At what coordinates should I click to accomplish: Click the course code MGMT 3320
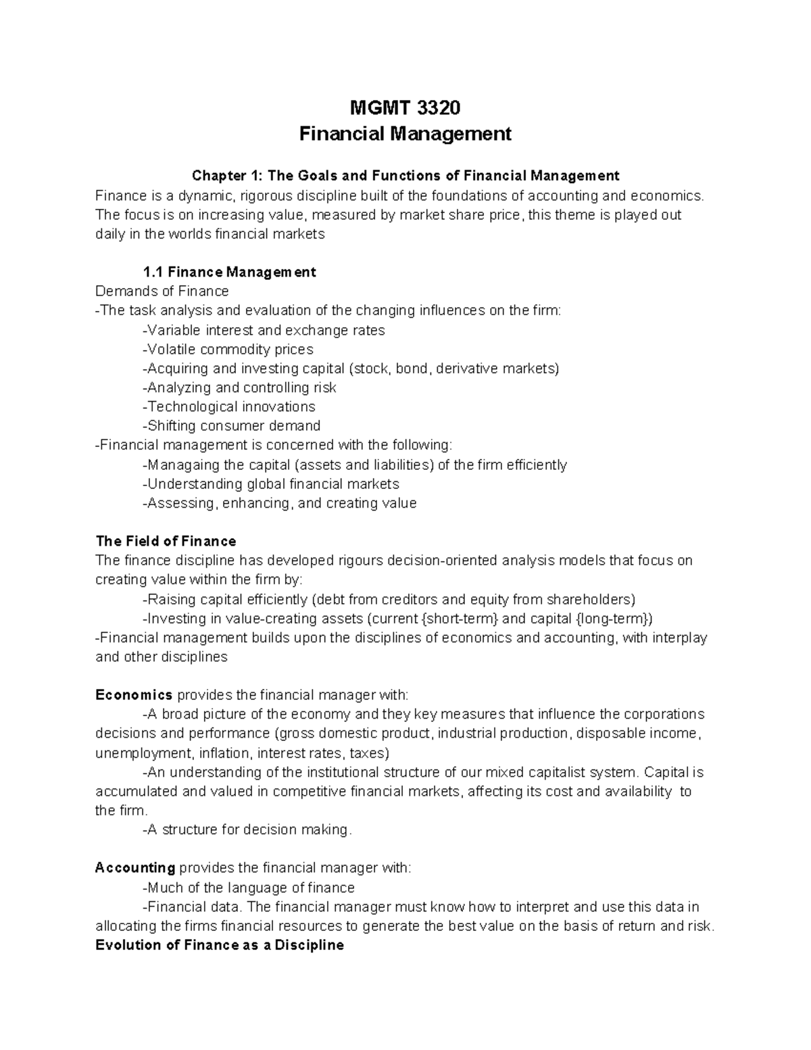pyautogui.click(x=405, y=108)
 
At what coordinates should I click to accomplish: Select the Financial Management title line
pyautogui.click(x=405, y=134)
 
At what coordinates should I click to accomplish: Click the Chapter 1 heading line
pyautogui.click(x=405, y=176)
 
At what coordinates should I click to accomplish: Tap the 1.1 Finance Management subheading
pyautogui.click(x=229, y=272)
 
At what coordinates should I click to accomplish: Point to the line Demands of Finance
pyautogui.click(x=162, y=291)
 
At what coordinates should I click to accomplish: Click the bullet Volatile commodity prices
pyautogui.click(x=228, y=350)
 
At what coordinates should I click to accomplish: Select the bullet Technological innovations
pyautogui.click(x=229, y=407)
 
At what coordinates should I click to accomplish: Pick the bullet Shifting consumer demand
pyautogui.click(x=231, y=426)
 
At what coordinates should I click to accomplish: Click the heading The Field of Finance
pyautogui.click(x=166, y=542)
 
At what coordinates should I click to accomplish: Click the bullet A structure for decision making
pyautogui.click(x=247, y=830)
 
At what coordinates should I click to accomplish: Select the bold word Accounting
pyautogui.click(x=135, y=868)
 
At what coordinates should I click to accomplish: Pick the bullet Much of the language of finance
pyautogui.click(x=249, y=888)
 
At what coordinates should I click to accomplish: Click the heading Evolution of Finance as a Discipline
pyautogui.click(x=220, y=945)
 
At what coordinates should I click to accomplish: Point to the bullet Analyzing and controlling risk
pyautogui.click(x=239, y=388)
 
